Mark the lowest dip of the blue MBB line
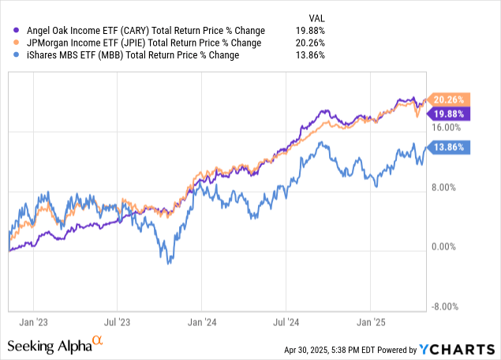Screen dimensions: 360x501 [169, 263]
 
